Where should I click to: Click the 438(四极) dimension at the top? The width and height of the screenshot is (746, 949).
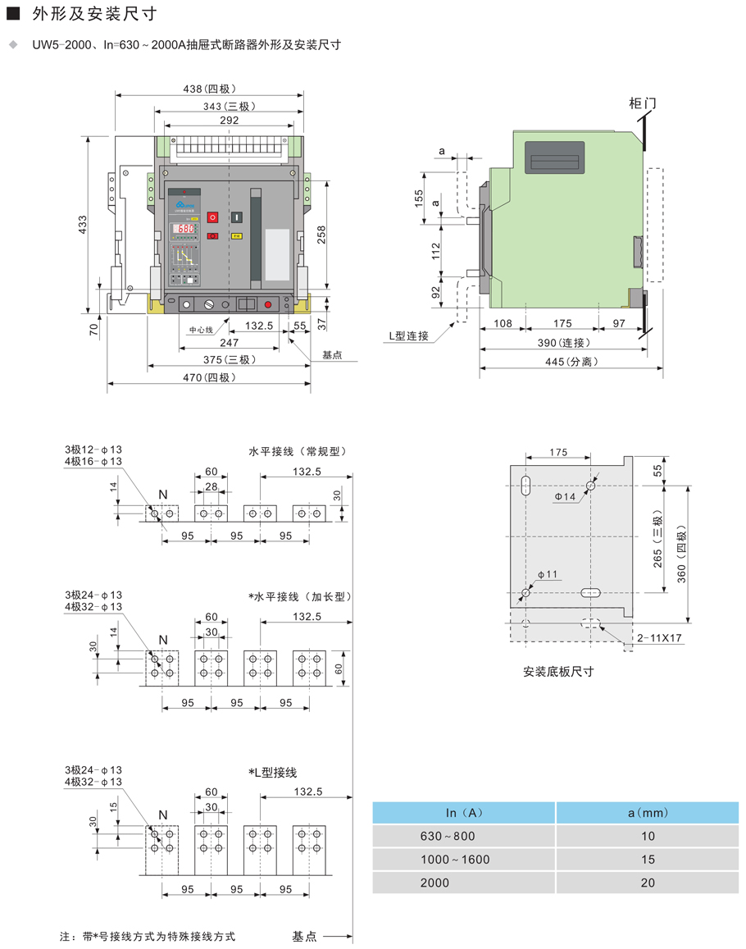(x=207, y=89)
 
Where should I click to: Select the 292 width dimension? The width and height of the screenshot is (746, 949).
(x=230, y=120)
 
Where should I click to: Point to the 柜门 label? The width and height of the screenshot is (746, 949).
(x=642, y=103)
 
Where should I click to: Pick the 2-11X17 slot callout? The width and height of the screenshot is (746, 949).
(x=660, y=637)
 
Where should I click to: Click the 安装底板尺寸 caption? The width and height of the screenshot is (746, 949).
(x=557, y=672)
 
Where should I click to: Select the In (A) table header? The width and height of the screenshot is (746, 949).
(x=465, y=813)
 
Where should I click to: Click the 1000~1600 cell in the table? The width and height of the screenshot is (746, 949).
(x=454, y=860)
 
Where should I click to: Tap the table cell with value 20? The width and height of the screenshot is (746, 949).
(x=648, y=883)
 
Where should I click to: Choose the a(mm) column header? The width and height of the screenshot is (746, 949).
(x=648, y=813)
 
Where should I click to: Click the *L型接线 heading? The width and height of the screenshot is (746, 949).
(x=272, y=773)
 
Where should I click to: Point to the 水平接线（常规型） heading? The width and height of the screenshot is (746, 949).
(x=298, y=451)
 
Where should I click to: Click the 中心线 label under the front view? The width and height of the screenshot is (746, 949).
(x=201, y=330)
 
